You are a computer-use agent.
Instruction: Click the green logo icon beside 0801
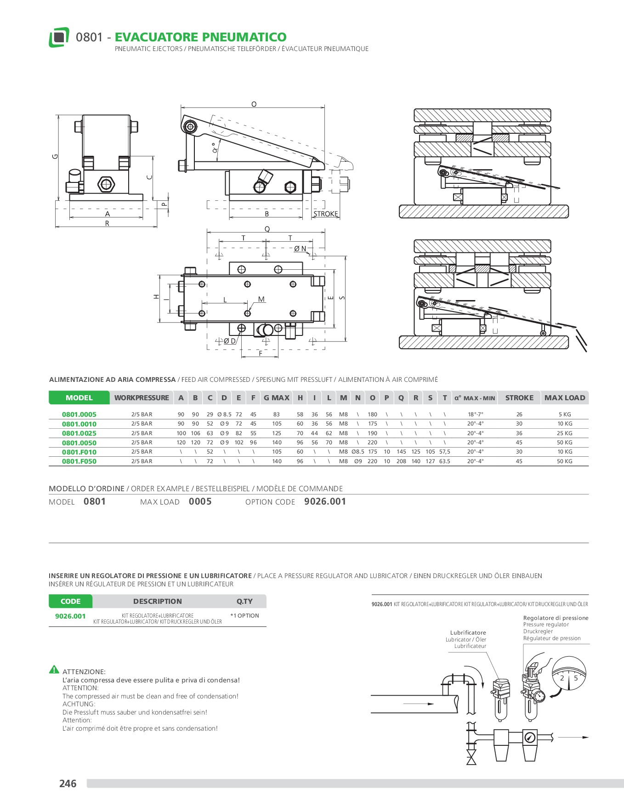(59, 37)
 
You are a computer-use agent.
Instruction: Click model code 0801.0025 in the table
(79, 433)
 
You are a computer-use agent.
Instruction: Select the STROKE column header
(519, 398)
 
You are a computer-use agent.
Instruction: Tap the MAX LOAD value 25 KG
(565, 433)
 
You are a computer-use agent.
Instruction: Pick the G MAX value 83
(277, 414)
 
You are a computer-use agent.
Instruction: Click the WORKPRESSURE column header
(142, 398)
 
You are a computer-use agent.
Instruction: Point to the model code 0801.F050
(79, 461)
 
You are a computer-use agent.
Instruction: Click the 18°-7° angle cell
(475, 414)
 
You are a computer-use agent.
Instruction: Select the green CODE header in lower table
(70, 602)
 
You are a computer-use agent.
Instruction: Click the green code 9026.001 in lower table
(70, 616)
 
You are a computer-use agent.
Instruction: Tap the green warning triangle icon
(54, 670)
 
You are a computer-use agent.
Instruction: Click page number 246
(68, 783)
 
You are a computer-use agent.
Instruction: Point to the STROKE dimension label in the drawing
(326, 214)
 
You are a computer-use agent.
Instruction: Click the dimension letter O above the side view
(254, 105)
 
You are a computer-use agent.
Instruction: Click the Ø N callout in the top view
(300, 249)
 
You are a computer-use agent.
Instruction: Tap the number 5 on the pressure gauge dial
(576, 678)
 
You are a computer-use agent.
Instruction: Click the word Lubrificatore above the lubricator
(468, 633)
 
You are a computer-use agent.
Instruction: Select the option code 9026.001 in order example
(325, 502)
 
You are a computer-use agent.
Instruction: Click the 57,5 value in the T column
(444, 452)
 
